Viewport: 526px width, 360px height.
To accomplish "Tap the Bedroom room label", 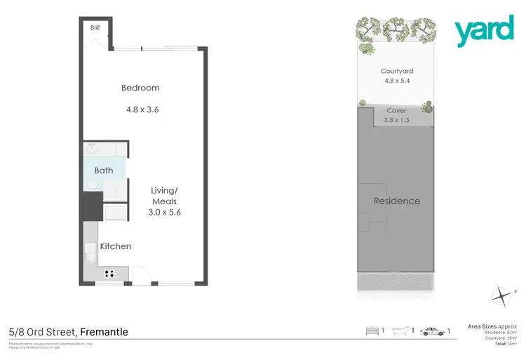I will [140, 88].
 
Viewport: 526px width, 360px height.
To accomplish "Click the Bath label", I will [104, 171].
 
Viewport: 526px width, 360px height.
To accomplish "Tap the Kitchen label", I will [116, 246].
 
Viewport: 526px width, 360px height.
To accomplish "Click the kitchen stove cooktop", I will [112, 273].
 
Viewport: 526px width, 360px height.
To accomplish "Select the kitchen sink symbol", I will [90, 251].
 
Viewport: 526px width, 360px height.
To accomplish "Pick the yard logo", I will [484, 32].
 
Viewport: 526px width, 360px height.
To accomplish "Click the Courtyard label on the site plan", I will [397, 71].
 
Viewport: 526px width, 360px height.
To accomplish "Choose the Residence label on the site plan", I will [397, 201].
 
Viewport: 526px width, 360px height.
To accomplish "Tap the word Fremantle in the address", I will [104, 332].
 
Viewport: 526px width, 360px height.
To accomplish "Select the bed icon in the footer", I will [372, 331].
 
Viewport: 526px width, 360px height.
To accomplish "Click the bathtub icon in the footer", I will [402, 331].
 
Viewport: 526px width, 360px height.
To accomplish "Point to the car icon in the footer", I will [432, 331].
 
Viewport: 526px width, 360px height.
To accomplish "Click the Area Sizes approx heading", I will [492, 326].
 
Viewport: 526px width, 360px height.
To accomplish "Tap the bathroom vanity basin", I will [91, 149].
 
